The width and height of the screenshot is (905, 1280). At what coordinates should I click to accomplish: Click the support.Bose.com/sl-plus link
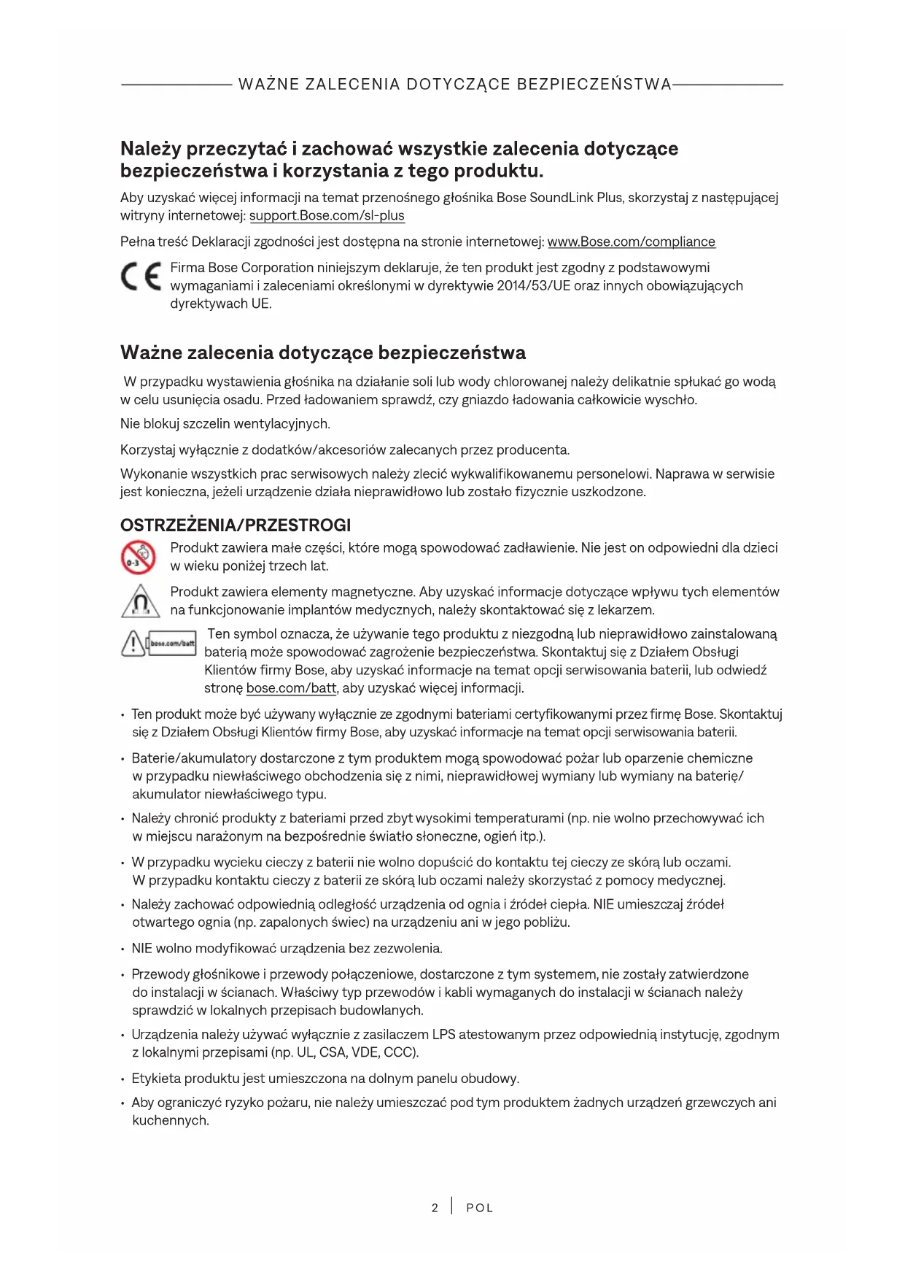click(327, 216)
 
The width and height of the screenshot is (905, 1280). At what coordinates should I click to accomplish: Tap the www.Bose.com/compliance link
click(631, 242)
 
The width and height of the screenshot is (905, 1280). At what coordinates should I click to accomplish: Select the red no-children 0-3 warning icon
click(138, 557)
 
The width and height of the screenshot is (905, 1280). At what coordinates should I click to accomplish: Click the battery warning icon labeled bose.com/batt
click(158, 643)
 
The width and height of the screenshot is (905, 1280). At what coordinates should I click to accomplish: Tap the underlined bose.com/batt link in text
click(291, 688)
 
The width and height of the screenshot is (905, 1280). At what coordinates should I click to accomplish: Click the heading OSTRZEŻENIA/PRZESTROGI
click(236, 525)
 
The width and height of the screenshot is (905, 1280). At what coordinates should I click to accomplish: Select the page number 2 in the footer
click(435, 1208)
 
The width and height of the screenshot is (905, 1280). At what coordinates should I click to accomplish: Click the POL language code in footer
click(479, 1208)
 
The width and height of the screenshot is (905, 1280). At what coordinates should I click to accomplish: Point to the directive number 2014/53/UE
click(534, 286)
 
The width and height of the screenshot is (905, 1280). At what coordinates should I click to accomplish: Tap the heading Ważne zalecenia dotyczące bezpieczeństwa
click(323, 353)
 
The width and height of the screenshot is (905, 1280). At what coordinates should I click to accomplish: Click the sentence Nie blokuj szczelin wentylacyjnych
click(225, 424)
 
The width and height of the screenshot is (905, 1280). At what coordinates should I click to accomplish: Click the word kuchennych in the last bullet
click(171, 1120)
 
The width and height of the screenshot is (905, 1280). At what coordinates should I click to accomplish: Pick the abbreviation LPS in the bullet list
click(443, 1035)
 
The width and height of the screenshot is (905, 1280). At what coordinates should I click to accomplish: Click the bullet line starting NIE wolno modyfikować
click(287, 949)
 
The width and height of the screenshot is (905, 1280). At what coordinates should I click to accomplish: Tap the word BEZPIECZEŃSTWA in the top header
click(594, 85)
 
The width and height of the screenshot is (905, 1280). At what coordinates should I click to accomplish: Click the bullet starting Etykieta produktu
click(325, 1079)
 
